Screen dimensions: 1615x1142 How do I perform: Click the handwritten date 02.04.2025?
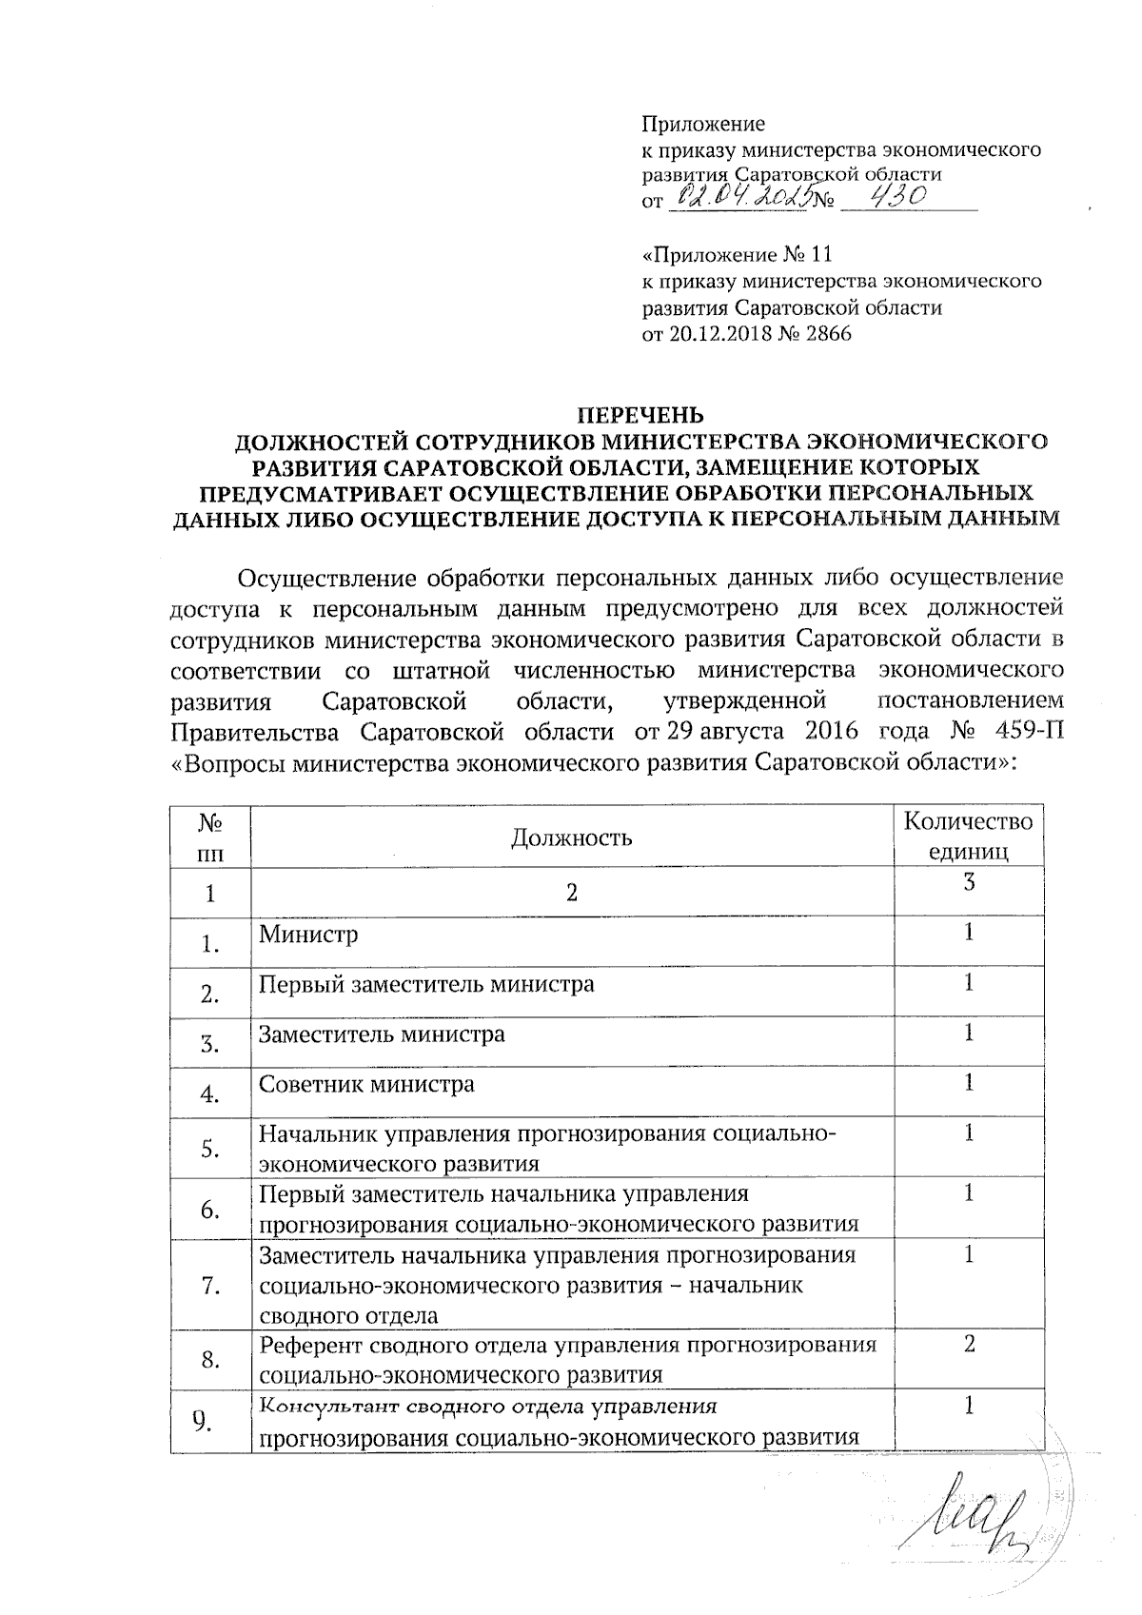click(740, 197)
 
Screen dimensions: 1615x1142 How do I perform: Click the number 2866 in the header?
click(827, 334)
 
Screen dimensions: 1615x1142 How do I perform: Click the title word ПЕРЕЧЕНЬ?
click(642, 415)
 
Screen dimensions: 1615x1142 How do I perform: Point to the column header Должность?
click(571, 837)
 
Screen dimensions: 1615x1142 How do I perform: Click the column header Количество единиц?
click(968, 836)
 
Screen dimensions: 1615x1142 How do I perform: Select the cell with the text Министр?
click(308, 934)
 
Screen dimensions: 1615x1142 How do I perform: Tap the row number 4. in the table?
click(210, 1095)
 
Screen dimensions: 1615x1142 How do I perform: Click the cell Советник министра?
click(366, 1084)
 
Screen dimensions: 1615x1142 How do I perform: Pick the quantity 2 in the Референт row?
click(969, 1345)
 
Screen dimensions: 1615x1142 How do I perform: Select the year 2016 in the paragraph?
click(832, 731)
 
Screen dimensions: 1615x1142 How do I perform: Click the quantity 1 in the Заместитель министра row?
click(969, 1032)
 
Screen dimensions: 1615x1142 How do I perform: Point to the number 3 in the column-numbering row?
click(969, 882)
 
